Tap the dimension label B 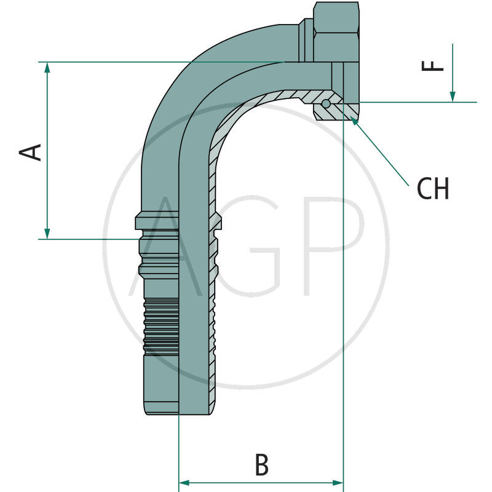pos(261,466)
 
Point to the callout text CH pos(433,189)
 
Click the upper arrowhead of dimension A pos(47,67)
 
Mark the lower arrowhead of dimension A pos(47,234)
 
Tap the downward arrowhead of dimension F pos(453,97)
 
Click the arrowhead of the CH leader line pos(354,121)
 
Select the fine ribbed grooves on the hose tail pos(161,326)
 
